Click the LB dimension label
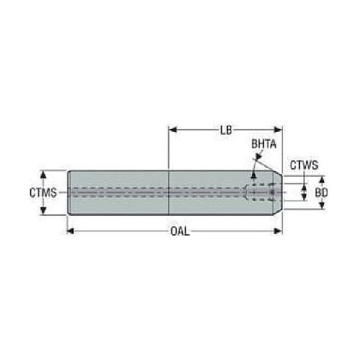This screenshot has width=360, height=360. click(226, 130)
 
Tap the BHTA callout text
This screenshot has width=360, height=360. click(264, 144)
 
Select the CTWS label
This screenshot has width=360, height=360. click(304, 165)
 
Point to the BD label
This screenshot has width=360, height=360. click(321, 192)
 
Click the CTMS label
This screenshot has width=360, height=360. click(43, 192)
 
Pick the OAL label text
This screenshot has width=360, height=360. click(180, 231)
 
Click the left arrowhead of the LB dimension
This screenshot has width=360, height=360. click(173, 130)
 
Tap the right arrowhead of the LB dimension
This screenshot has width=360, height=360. click(278, 130)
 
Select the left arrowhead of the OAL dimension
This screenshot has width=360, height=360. click(70, 231)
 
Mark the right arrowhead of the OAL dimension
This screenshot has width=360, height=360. click(278, 231)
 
